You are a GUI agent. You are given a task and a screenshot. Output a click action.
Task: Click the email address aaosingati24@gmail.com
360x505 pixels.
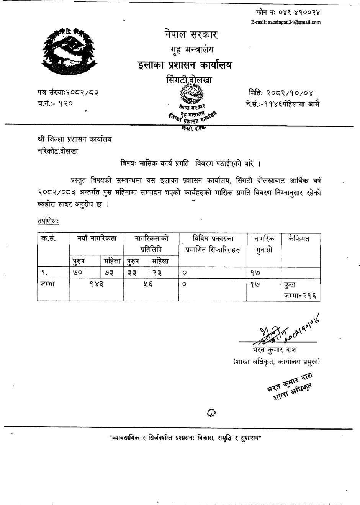coord(286,22)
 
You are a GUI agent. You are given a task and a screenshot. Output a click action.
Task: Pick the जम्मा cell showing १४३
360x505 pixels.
coord(96,285)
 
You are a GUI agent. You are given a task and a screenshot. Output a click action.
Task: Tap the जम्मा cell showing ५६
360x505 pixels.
coord(151,285)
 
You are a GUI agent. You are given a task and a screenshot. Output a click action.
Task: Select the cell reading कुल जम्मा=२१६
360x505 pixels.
coord(300,291)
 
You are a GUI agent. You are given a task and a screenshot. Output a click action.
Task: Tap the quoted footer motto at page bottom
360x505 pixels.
coord(186,437)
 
